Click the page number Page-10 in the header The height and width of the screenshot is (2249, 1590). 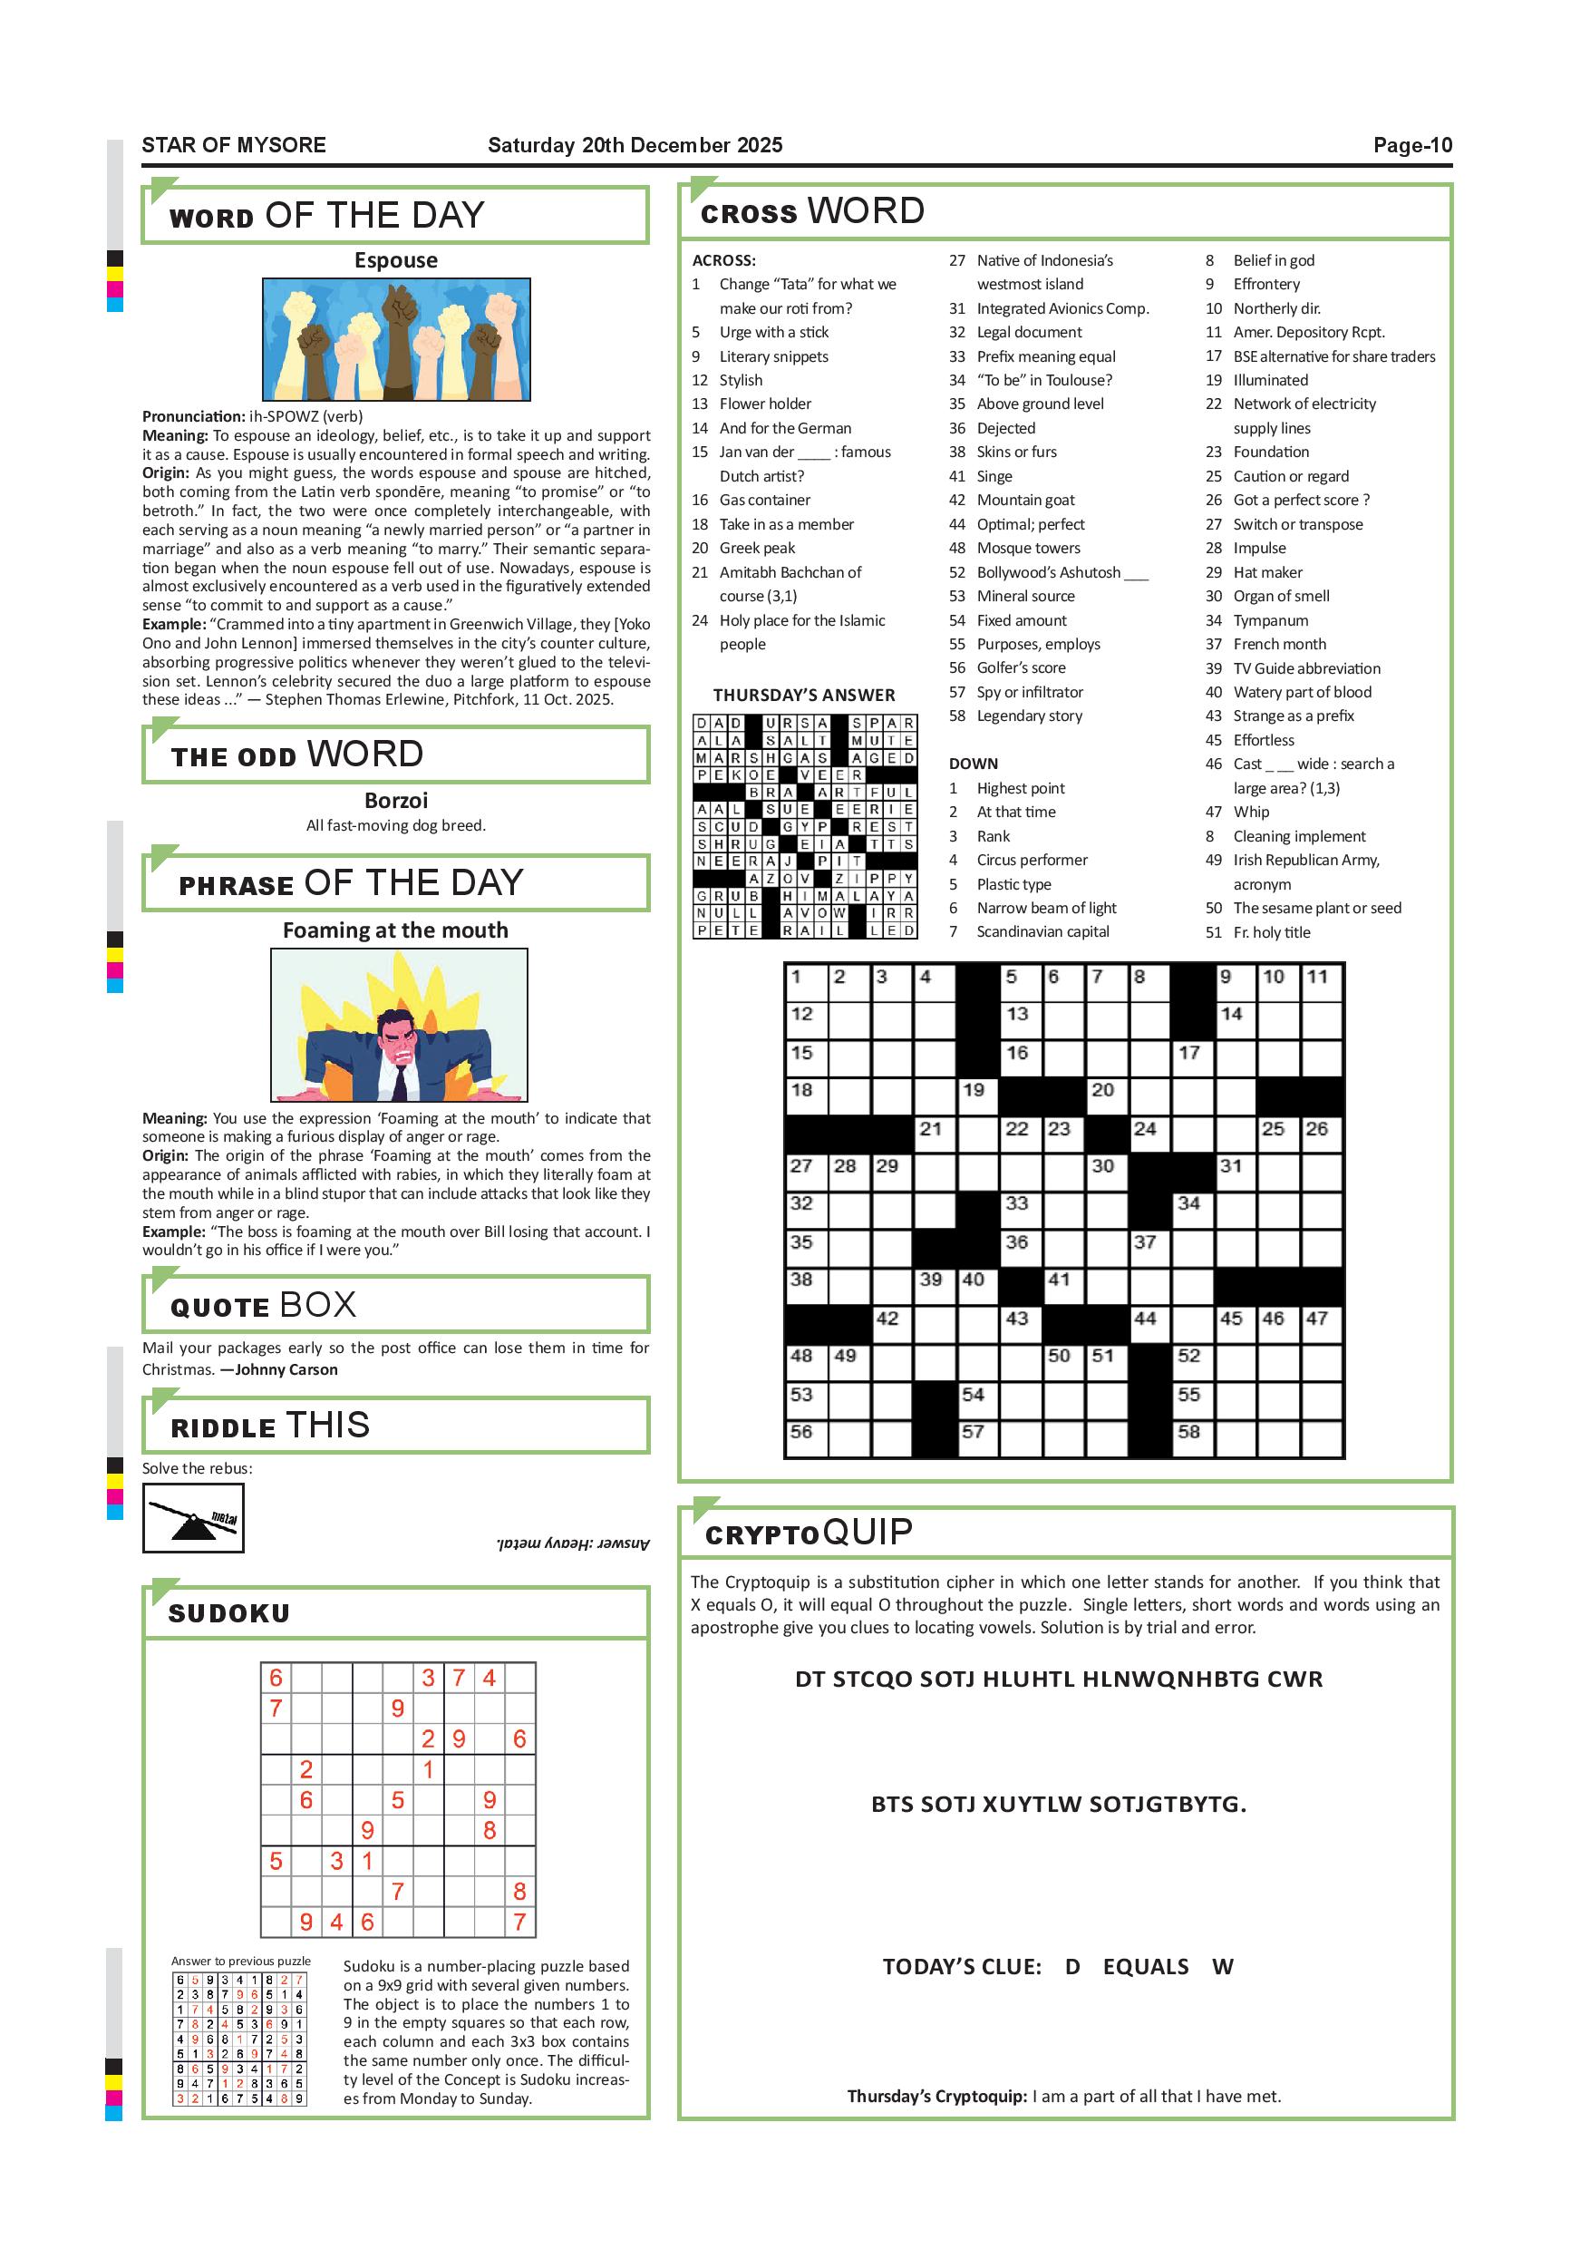click(1411, 145)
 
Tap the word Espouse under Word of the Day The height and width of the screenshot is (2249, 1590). click(395, 260)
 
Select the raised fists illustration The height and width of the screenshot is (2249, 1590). click(395, 339)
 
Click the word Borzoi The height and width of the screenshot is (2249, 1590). click(395, 800)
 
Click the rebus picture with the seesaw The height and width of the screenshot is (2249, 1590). click(193, 1517)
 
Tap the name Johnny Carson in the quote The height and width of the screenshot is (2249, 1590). click(286, 1369)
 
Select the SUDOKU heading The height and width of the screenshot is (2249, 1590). click(229, 1613)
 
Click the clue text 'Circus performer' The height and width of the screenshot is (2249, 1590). click(1032, 860)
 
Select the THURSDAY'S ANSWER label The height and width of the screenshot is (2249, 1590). click(804, 696)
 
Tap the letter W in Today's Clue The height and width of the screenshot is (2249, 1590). click(1222, 1967)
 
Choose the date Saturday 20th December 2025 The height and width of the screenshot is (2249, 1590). click(635, 145)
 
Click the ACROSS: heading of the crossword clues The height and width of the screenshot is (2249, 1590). click(723, 260)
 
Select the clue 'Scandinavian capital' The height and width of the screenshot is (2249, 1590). click(1042, 931)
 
